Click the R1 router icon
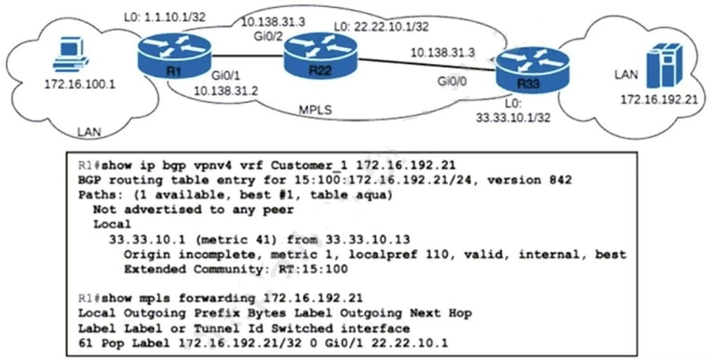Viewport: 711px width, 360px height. (175, 57)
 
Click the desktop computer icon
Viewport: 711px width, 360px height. (70, 54)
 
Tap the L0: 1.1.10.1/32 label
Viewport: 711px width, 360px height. (164, 18)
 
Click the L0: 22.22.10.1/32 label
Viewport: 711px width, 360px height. (381, 27)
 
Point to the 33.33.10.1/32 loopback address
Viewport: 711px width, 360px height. (513, 118)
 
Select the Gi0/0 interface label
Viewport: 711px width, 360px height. (452, 82)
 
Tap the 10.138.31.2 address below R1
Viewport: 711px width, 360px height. (226, 91)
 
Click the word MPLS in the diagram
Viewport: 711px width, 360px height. (315, 110)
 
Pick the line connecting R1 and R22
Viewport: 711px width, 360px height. (247, 57)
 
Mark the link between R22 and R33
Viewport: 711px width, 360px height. (426, 64)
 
